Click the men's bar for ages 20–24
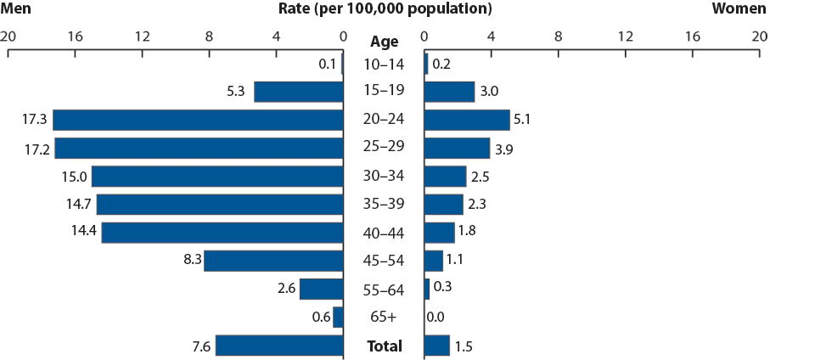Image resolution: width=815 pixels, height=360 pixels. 198,120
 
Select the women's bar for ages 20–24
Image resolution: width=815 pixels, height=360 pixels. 466,120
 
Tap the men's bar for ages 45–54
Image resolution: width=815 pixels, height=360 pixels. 273,261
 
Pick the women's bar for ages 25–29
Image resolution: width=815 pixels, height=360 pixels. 457,148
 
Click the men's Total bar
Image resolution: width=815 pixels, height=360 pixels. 279,346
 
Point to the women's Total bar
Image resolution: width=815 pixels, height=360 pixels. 436,346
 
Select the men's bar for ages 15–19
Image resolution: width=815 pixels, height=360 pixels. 298,92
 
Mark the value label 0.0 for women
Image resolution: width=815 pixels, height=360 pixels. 436,318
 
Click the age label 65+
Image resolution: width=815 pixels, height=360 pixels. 384,318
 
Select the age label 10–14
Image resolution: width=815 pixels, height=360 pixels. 384,64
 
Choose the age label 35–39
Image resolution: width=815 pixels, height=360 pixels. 384,205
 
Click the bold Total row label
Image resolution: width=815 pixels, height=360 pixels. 384,346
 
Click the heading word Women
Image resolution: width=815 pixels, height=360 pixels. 738,9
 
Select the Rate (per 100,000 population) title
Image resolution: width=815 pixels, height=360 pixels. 385,9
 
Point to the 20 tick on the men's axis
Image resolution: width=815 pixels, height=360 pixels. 8,37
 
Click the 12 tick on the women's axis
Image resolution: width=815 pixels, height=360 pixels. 625,37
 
